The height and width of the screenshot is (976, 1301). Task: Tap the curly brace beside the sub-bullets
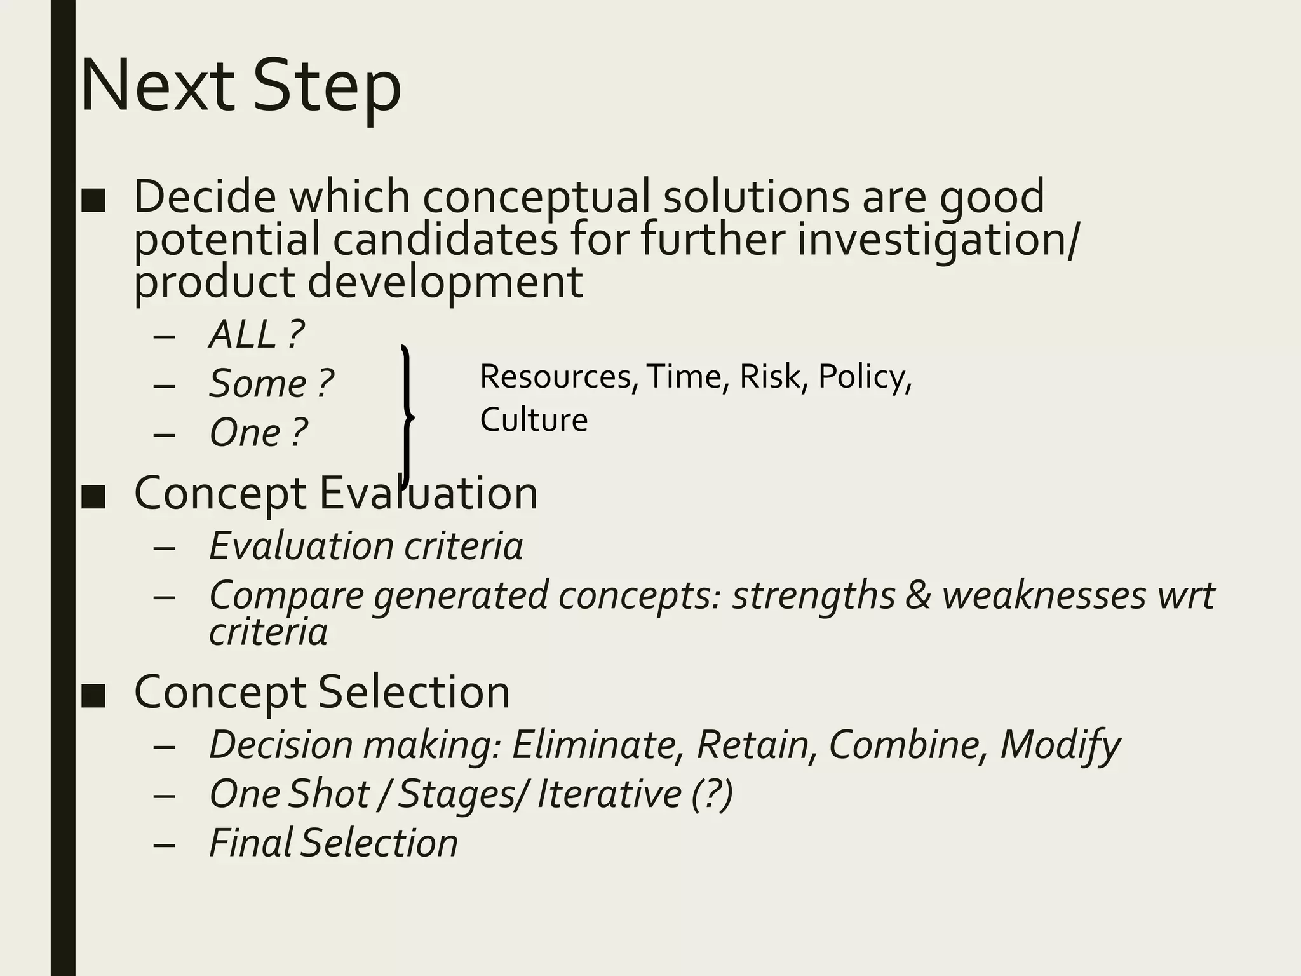[x=407, y=417]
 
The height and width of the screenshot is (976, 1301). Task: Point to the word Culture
[x=534, y=420]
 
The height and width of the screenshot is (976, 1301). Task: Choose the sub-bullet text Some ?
[x=271, y=384]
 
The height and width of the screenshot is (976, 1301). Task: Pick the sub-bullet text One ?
[x=258, y=433]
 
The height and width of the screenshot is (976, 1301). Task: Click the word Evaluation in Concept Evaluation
[x=428, y=493]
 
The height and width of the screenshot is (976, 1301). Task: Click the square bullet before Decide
[x=93, y=200]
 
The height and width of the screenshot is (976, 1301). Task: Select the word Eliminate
[x=597, y=744]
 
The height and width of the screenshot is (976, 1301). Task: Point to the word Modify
[x=1060, y=745]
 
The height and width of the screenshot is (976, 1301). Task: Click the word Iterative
[x=609, y=794]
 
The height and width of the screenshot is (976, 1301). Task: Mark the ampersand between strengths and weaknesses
[x=917, y=596]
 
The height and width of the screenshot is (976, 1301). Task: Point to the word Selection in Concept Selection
[x=414, y=692]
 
